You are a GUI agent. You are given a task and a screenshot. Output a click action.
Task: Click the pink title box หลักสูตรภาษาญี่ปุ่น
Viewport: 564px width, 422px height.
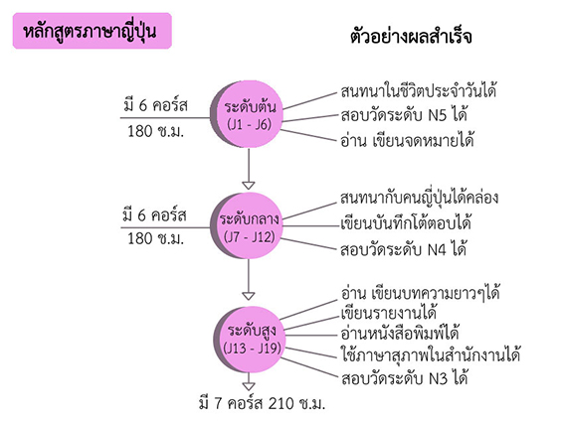[x=93, y=31]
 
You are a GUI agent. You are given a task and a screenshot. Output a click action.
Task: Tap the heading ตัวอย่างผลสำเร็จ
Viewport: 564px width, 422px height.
[x=411, y=36]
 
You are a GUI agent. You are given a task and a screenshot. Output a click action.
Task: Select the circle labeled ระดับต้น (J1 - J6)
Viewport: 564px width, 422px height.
[x=247, y=114]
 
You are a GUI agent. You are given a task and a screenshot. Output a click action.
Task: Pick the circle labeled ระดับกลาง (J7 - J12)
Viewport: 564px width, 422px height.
[x=247, y=226]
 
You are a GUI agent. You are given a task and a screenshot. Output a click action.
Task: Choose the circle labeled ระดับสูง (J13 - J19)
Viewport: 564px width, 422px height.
[x=250, y=340]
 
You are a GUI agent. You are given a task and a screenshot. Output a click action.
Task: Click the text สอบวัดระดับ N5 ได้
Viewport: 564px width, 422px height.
[x=404, y=115]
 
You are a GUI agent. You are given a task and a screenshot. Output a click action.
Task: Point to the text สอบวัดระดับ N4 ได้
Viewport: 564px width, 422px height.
[x=403, y=249]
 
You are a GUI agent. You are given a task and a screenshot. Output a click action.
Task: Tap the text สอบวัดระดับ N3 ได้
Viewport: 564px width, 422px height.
[x=404, y=378]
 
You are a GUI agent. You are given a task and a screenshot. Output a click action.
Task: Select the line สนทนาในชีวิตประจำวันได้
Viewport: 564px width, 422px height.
[x=419, y=90]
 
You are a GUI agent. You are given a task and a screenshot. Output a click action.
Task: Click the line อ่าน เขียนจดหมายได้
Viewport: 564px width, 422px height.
[x=407, y=140]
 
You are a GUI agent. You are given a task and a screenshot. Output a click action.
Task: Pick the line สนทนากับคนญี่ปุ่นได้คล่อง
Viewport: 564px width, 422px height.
[x=419, y=198]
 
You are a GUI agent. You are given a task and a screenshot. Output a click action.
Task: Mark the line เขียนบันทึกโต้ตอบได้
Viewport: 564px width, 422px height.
[x=406, y=222]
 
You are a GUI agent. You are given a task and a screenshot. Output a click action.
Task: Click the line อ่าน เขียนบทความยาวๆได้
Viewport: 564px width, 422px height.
[x=420, y=293]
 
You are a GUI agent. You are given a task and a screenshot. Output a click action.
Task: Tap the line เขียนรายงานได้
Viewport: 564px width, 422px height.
[x=389, y=313]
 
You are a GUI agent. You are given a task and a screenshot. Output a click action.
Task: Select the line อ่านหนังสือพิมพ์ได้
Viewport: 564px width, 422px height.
[x=400, y=333]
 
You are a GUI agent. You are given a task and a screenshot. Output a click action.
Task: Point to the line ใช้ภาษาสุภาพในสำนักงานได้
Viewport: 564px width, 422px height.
[x=431, y=354]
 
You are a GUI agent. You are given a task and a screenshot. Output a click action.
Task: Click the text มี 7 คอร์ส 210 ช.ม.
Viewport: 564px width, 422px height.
[x=262, y=403]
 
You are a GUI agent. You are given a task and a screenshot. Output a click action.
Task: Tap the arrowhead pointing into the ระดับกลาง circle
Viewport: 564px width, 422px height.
[x=249, y=186]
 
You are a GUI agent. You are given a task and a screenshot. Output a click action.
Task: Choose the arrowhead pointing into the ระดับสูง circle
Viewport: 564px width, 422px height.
[x=249, y=296]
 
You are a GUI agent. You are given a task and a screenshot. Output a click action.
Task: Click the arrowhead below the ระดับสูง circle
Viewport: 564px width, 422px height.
[x=249, y=386]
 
